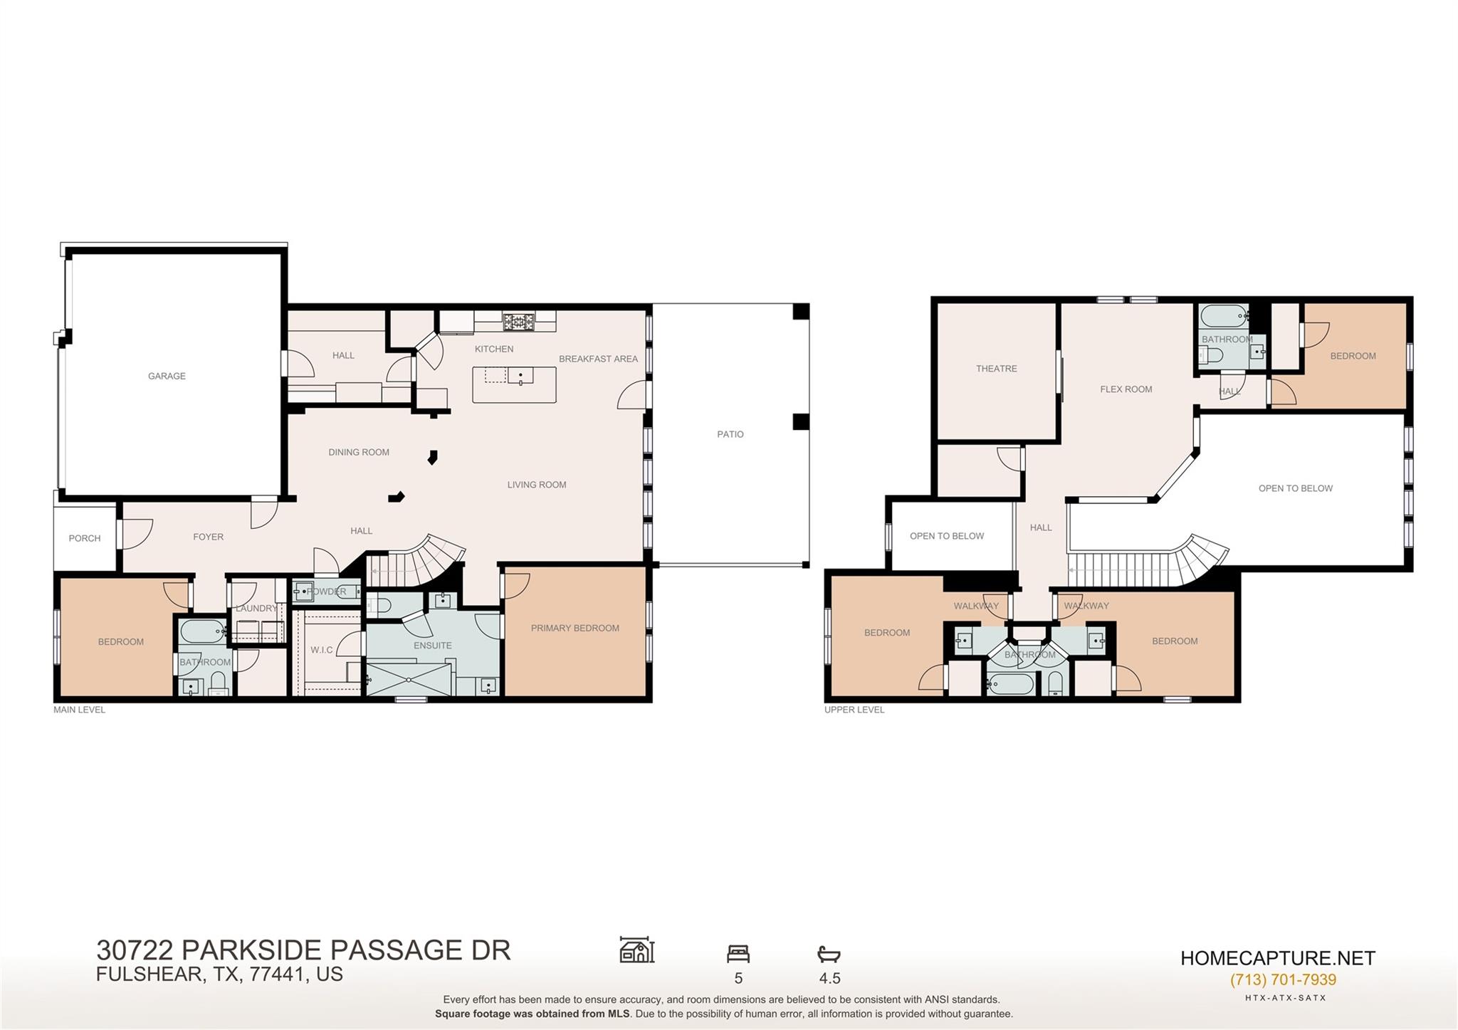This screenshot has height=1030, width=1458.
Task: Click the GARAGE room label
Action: click(x=167, y=376)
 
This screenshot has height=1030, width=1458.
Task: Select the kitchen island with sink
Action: click(x=515, y=384)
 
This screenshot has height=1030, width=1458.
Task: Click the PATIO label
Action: click(x=730, y=434)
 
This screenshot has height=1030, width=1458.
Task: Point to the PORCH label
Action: click(x=85, y=538)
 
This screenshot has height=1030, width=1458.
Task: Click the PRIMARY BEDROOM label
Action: click(x=575, y=628)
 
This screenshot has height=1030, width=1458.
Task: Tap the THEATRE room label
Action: click(x=996, y=369)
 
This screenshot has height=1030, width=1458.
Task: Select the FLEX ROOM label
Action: click(x=1126, y=389)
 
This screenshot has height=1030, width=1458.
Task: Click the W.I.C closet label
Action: click(x=322, y=650)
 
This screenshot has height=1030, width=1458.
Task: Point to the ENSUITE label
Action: click(x=433, y=646)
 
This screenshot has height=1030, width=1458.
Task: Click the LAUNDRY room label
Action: click(x=256, y=609)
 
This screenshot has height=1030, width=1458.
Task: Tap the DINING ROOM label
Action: click(x=359, y=452)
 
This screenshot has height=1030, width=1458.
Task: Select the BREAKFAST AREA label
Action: click(x=598, y=359)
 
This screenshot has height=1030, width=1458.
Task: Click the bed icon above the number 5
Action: click(x=738, y=953)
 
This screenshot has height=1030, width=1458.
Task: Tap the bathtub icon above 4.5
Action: click(x=829, y=954)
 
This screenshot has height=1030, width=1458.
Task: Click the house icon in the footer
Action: click(x=636, y=950)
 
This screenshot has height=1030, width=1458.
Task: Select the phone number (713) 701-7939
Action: click(x=1283, y=979)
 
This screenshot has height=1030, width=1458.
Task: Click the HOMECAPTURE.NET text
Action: click(x=1278, y=958)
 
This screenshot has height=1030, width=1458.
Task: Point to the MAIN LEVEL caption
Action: click(x=79, y=710)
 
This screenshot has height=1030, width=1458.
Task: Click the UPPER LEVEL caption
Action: click(x=854, y=710)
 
